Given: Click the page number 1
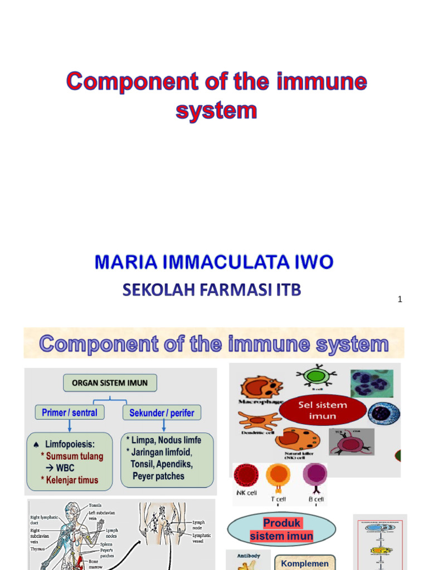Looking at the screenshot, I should click(x=400, y=299).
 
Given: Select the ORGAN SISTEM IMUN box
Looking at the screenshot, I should click(x=110, y=383).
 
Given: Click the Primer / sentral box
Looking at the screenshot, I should click(x=69, y=412).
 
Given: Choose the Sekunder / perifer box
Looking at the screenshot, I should click(x=162, y=413).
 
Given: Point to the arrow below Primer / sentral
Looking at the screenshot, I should click(x=69, y=426).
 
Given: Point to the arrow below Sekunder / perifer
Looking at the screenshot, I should click(x=163, y=426).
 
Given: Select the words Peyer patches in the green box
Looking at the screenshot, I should click(x=158, y=476).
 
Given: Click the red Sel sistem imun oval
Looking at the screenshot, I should click(x=323, y=410).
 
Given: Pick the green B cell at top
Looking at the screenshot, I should click(x=316, y=376).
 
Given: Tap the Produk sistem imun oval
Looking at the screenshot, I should click(x=281, y=529).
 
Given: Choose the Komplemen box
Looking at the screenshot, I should click(x=304, y=563).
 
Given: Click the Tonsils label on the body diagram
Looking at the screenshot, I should click(x=95, y=505).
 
